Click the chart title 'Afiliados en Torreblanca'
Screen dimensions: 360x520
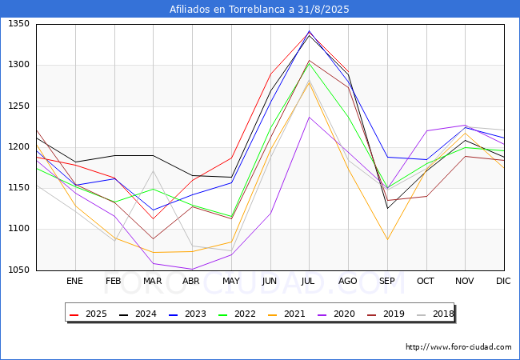coord(259,10)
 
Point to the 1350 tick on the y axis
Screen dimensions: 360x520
coord(19,24)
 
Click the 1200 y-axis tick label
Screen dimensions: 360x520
coord(19,147)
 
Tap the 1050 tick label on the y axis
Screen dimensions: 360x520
coord(19,270)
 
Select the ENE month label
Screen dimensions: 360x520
coord(74,281)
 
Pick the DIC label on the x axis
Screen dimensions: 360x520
coord(503,281)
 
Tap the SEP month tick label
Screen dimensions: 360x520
coord(387,281)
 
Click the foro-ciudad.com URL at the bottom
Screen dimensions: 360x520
coord(458,347)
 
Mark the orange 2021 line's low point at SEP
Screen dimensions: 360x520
coord(387,239)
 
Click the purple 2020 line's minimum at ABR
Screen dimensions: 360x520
coord(192,269)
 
